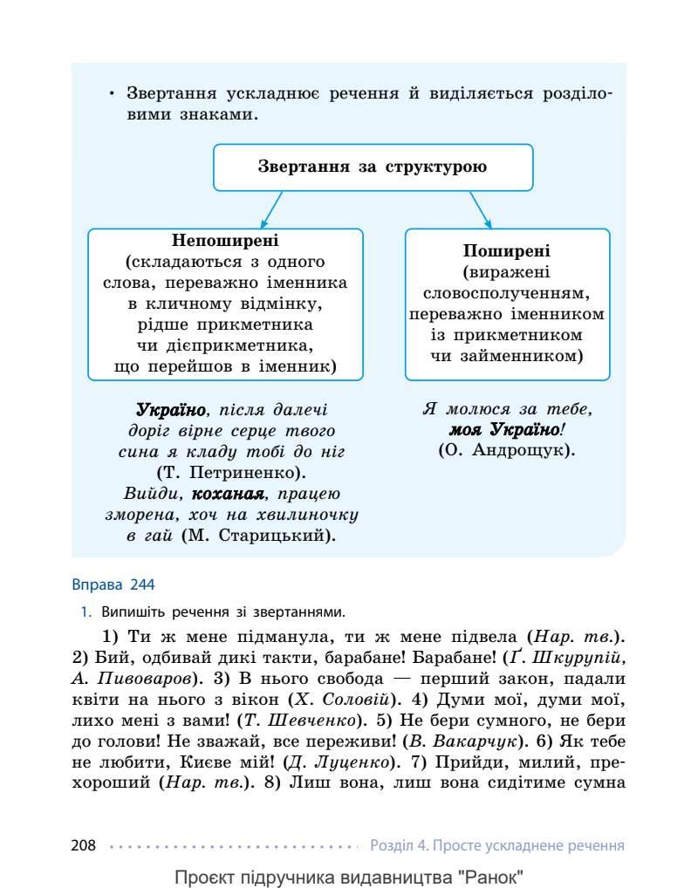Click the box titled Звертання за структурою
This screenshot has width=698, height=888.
coord(373,167)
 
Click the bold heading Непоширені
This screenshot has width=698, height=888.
coord(225,240)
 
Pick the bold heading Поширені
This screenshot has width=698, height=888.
coord(507,249)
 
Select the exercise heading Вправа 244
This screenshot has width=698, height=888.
coord(113,584)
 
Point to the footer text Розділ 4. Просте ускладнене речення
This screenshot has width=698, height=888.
coord(496,845)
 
